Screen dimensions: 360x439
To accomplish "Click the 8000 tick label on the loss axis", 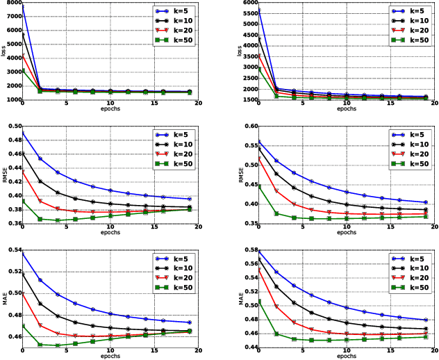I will (x=12, y=4).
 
